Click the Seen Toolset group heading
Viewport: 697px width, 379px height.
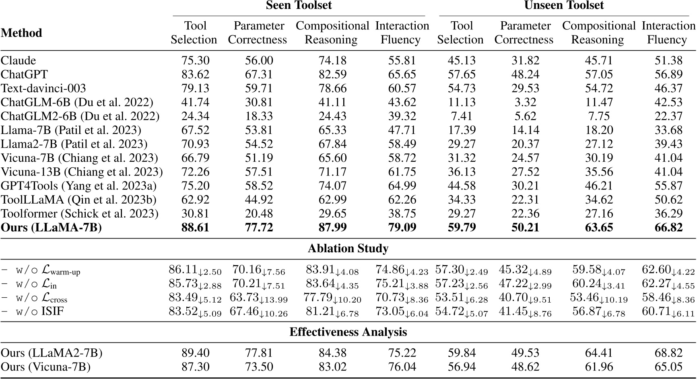tap(299, 6)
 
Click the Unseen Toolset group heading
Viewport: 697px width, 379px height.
tap(564, 6)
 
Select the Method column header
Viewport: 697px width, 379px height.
tap(21, 33)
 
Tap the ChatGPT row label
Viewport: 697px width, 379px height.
tap(24, 74)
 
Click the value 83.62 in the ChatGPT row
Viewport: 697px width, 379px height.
tap(195, 74)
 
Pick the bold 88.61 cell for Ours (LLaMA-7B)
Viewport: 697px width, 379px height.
tap(195, 228)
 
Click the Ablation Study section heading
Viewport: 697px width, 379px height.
tap(348, 249)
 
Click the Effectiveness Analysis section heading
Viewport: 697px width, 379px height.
tap(348, 332)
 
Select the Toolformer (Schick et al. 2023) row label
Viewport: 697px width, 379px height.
tap(80, 214)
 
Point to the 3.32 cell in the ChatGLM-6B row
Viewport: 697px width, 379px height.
tap(525, 102)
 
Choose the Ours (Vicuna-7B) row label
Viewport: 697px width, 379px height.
tap(45, 367)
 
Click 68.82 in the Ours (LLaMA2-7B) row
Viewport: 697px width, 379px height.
tap(668, 353)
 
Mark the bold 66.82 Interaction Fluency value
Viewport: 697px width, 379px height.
tap(668, 228)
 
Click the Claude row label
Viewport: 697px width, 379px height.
tap(19, 60)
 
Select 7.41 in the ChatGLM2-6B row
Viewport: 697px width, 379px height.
tap(462, 116)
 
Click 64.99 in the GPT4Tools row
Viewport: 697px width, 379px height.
tap(402, 186)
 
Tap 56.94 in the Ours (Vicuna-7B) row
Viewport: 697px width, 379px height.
tap(462, 367)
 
